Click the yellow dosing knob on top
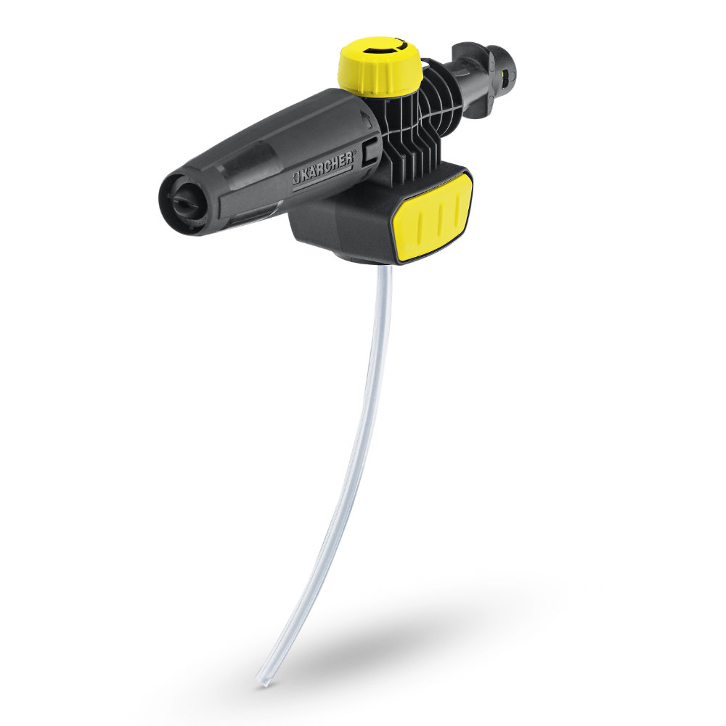[x=380, y=70]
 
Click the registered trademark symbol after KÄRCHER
[x=354, y=155]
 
